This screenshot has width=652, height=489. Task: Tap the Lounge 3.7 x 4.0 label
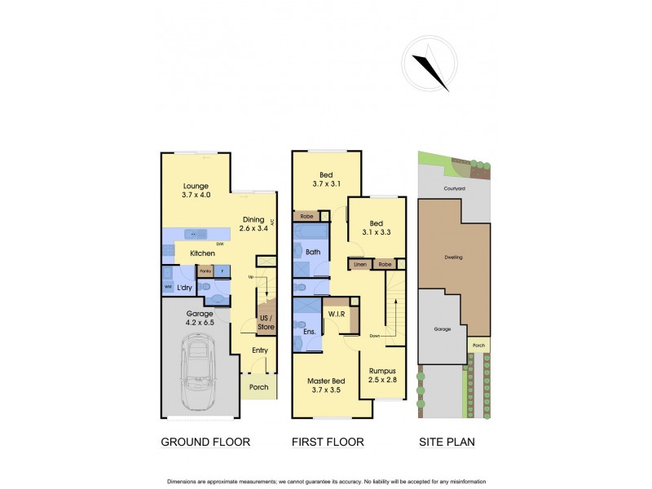(196, 190)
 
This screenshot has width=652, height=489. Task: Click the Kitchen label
(203, 253)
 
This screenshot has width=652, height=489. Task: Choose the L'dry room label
(185, 288)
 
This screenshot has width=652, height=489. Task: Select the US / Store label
(266, 322)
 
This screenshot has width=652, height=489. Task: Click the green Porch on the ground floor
(258, 386)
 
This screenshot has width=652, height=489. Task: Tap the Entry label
(260, 350)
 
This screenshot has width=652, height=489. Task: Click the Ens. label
(308, 332)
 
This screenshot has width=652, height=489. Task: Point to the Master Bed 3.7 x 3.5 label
(326, 385)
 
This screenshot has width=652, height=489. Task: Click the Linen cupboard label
(360, 265)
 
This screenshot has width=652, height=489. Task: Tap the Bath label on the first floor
(313, 253)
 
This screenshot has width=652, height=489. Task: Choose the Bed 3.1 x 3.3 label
(376, 227)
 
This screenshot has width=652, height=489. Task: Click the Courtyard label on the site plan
(454, 187)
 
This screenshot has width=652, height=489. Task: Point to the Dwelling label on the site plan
(453, 258)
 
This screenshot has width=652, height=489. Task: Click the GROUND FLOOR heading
(205, 443)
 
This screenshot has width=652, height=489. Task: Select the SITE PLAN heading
(447, 443)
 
